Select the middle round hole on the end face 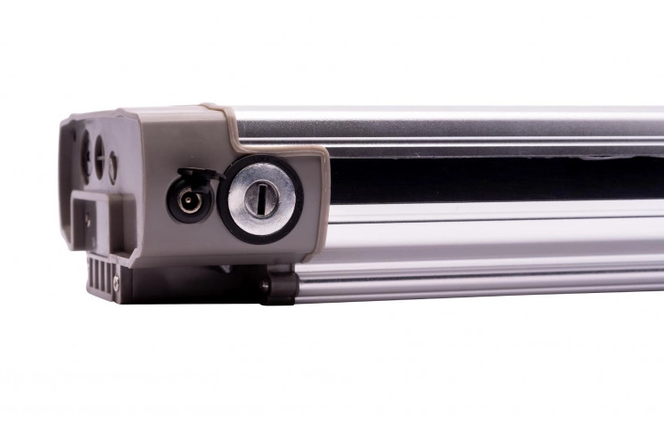tap(100, 155)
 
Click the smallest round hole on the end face tap(112, 166)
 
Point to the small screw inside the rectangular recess tap(86, 215)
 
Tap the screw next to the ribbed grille tap(117, 284)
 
